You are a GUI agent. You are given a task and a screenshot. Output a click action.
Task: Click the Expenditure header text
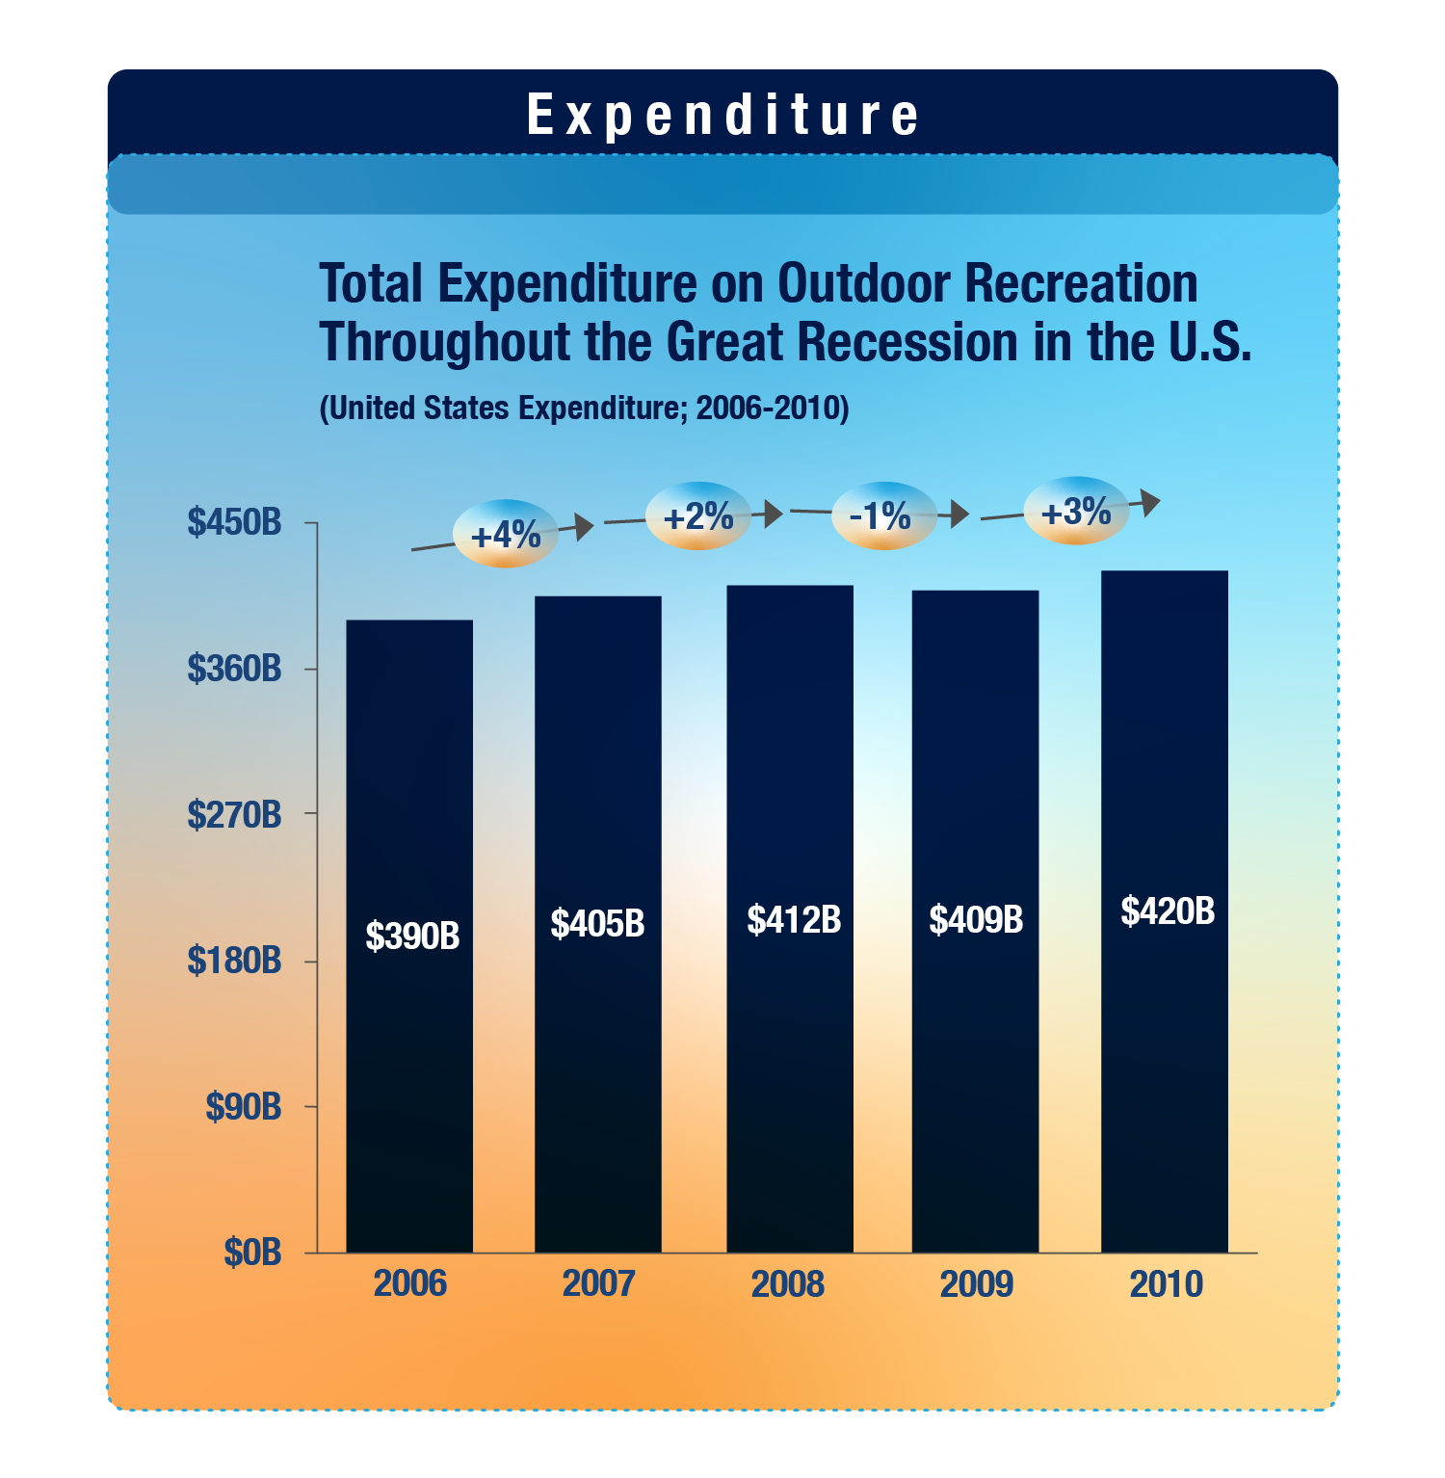722,116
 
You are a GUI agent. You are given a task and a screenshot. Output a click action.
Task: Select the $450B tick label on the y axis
234,522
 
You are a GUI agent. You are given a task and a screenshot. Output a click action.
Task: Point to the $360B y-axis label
234,668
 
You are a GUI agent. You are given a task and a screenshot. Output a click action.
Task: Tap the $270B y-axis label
234,814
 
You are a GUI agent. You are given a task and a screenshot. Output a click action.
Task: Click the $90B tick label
243,1107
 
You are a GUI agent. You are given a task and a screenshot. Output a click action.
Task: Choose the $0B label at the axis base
252,1253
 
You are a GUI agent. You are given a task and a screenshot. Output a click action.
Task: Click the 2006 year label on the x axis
410,1284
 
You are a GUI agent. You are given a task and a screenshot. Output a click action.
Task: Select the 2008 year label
788,1284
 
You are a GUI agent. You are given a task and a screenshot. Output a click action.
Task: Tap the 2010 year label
1166,1284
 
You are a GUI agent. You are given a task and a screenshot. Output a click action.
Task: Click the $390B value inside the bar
412,936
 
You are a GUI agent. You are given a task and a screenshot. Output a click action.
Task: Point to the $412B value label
794,920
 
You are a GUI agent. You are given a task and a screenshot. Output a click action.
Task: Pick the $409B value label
976,920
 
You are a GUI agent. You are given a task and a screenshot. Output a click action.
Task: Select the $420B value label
1168,911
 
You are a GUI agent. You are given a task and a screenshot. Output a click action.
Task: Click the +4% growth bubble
506,534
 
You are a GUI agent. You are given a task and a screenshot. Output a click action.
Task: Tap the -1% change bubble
881,516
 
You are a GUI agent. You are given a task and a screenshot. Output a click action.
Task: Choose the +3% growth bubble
1076,511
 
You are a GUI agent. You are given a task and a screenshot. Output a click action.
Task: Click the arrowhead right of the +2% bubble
773,514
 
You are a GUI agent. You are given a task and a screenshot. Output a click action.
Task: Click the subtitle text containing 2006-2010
584,409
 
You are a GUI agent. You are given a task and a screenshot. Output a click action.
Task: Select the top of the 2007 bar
598,598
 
